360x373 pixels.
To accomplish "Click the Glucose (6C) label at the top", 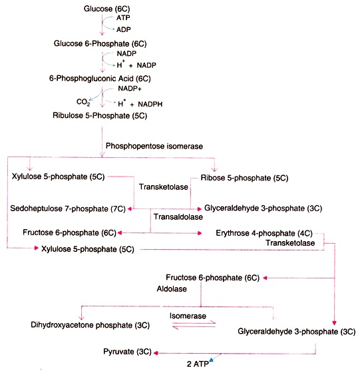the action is tap(106, 9).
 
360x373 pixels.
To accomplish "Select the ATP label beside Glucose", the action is tap(123, 18).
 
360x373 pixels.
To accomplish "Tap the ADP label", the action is tap(124, 29).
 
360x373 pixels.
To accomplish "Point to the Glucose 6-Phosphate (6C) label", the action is tap(100, 44).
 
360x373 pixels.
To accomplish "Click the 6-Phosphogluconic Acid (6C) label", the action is tap(100, 79).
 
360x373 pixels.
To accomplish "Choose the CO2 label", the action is tap(83, 102).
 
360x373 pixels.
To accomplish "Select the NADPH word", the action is tap(150, 104).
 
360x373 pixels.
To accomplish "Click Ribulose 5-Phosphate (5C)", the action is tap(100, 116).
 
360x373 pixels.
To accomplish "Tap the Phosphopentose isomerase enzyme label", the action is tap(154, 146).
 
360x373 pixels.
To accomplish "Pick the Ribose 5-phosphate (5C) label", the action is tap(244, 178).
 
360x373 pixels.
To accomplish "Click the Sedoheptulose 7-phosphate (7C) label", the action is tap(68, 208).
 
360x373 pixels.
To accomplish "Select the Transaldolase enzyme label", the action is tap(178, 216).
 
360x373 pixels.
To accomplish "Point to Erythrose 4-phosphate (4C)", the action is tap(264, 233).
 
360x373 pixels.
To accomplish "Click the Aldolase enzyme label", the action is tap(172, 289).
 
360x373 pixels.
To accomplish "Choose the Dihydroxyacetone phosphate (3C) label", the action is tap(90, 325).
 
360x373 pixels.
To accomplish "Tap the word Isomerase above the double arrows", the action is tap(188, 316).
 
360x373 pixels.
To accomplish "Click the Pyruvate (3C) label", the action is tap(127, 352).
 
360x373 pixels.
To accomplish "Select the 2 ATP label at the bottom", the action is tap(198, 364).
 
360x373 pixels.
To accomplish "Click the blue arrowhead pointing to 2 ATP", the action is tap(211, 360).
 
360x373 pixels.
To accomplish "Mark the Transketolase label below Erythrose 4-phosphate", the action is tap(290, 243).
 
